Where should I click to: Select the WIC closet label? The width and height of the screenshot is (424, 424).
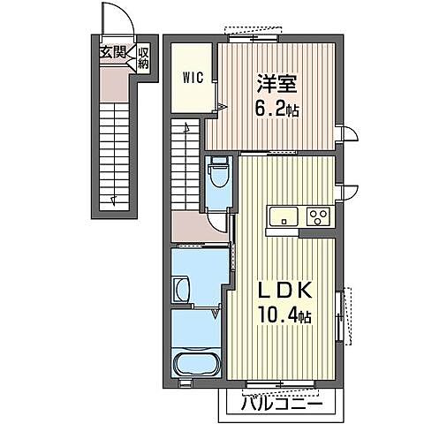tap(193, 76)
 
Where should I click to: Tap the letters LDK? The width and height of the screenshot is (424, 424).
tap(282, 290)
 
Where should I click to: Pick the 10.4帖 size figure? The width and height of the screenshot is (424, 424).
tap(282, 315)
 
